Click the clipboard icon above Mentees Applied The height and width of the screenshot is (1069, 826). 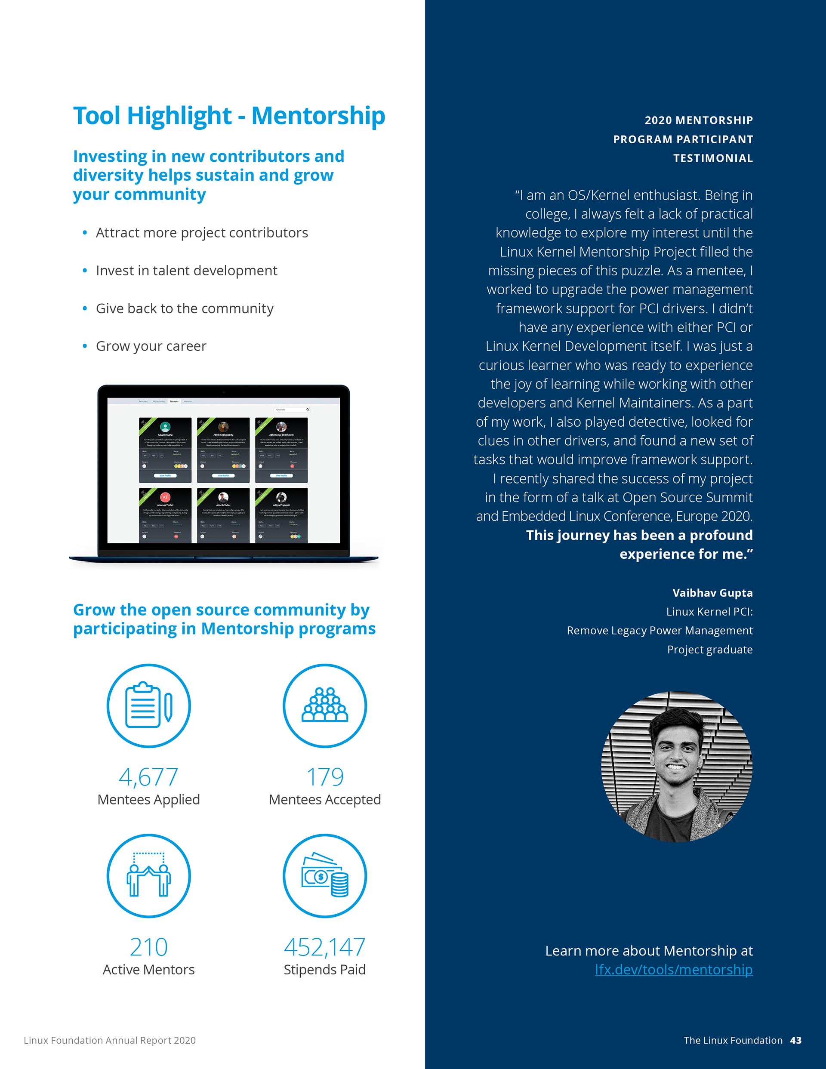coord(148,705)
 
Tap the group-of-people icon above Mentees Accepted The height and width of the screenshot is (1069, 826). coord(325,705)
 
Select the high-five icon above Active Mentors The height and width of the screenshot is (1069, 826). coord(148,876)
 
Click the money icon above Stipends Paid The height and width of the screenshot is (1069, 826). coord(325,876)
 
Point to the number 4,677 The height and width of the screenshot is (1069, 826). coord(148,777)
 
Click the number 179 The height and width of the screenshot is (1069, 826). coord(325,777)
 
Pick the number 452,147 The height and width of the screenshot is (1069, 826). coord(325,947)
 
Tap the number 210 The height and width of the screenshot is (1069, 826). coord(148,947)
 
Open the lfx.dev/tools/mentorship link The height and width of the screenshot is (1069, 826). coord(674,970)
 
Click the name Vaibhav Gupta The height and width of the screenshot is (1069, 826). coord(712,593)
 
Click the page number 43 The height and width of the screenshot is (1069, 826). coord(795,1041)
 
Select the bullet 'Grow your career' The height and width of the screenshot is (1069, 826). coord(151,346)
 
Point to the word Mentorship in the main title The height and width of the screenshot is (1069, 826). coord(318,116)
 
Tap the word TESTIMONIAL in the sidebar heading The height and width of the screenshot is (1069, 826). coord(713,158)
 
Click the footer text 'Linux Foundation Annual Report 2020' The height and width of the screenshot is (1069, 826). coord(110,1041)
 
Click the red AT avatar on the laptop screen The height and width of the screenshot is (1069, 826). coord(165,497)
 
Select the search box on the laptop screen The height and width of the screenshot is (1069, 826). coord(292,410)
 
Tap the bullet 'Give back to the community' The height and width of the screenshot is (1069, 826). coord(185,308)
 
